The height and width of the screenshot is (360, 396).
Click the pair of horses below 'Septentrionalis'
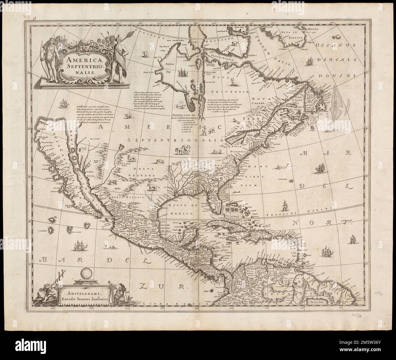coord(181,150)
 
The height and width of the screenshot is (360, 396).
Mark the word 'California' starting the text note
coord(82,105)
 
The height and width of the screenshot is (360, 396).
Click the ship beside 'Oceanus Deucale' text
coord(309,62)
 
